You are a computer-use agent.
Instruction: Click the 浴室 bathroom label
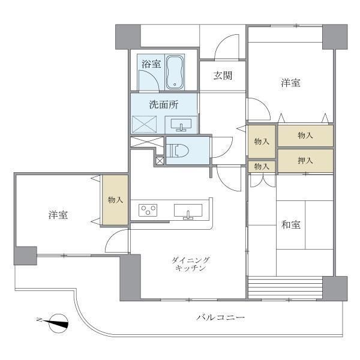coord(151,64)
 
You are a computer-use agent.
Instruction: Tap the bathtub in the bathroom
coord(175,71)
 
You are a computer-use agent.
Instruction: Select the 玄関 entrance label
coord(221,76)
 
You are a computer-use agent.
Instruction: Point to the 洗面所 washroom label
coord(164,104)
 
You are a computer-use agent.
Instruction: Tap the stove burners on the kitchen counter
coord(148,210)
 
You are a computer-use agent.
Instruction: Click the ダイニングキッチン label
coord(190,264)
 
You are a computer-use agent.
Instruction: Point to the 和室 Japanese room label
coord(291,225)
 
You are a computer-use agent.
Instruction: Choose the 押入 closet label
coord(305,160)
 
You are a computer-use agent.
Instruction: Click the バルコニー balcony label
coord(220,316)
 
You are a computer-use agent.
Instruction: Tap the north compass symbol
coord(57,322)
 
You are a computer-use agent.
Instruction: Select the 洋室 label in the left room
coord(58,215)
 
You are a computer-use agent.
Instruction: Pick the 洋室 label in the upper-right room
coord(291,83)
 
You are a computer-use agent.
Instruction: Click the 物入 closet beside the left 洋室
coord(115,200)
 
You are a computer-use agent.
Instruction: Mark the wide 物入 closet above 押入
coord(305,136)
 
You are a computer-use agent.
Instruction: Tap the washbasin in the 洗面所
coord(182,125)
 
